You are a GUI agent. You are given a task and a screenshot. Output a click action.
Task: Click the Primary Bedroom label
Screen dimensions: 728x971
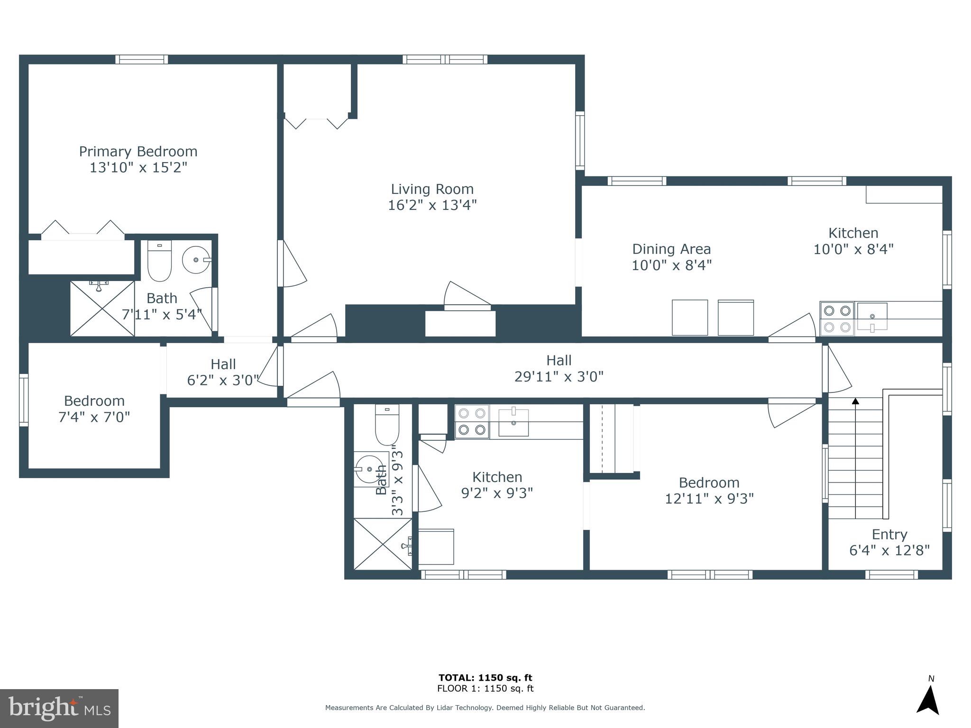click(x=138, y=152)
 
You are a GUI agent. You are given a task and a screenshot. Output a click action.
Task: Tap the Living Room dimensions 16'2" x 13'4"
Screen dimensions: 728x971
click(x=432, y=205)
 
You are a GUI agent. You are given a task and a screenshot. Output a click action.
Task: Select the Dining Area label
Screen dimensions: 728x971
click(x=671, y=249)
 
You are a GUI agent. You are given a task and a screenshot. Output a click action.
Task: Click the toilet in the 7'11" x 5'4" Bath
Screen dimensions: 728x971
click(x=159, y=262)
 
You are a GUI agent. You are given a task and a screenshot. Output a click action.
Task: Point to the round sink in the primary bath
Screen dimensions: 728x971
click(x=196, y=260)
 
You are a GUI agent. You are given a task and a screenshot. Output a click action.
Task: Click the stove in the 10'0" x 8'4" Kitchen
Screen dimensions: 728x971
click(x=837, y=319)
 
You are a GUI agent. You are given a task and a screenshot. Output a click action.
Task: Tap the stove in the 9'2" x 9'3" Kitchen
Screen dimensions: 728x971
click(x=472, y=421)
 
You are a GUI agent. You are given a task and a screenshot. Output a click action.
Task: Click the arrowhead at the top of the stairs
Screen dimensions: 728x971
click(x=855, y=401)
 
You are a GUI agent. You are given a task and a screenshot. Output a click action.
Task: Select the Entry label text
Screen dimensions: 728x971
click(x=889, y=535)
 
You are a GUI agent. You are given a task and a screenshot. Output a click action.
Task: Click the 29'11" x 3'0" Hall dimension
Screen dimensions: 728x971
click(x=559, y=377)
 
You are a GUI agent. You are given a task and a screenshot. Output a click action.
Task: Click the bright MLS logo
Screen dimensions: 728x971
click(x=59, y=708)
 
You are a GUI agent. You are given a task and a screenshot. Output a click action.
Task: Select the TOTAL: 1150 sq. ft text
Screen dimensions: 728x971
click(x=485, y=678)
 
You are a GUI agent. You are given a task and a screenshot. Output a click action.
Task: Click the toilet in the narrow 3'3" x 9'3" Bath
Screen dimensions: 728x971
click(x=387, y=425)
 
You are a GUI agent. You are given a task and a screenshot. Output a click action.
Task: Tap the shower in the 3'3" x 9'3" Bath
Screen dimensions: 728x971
click(x=383, y=544)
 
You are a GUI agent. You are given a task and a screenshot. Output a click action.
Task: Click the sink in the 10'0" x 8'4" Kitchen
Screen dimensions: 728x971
click(x=872, y=317)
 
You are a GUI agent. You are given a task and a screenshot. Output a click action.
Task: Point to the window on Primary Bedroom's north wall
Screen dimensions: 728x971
click(x=142, y=60)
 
